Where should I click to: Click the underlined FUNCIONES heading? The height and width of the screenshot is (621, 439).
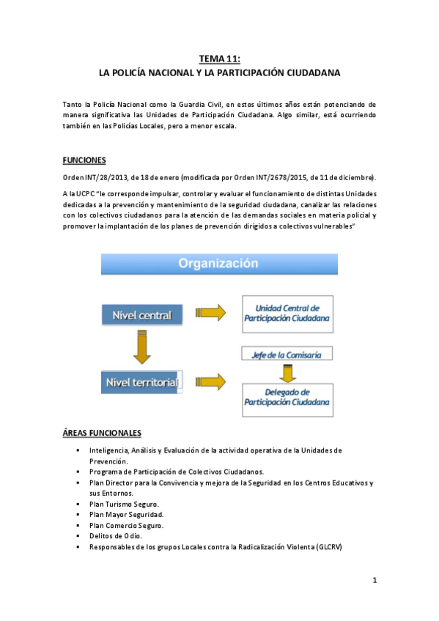tap(84, 160)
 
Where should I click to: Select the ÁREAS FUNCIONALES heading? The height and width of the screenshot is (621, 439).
tap(102, 433)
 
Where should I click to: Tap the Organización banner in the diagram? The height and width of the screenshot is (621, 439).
tap(219, 263)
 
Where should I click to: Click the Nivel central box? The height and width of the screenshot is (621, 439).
tap(142, 316)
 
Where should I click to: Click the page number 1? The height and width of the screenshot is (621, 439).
tap(374, 581)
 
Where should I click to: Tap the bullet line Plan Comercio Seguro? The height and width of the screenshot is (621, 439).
tap(127, 525)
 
